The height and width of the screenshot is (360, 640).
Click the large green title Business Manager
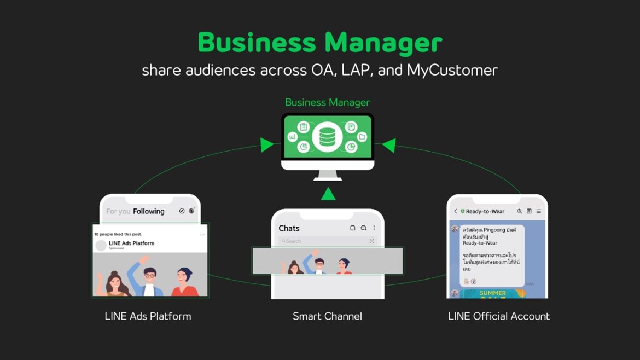tap(320, 43)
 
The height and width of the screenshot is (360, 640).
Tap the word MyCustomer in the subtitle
tap(452, 71)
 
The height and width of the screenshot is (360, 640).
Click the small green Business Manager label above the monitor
tap(327, 102)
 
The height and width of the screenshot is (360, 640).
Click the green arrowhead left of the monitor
tap(267, 145)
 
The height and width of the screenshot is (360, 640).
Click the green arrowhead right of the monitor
tap(388, 145)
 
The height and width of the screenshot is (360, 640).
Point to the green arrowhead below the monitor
tap(328, 194)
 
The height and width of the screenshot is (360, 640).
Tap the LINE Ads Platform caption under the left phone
tap(148, 316)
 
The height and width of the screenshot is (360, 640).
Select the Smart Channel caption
tap(327, 316)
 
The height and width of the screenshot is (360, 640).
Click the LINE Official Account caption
tap(499, 316)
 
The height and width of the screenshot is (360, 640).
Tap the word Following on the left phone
tap(148, 211)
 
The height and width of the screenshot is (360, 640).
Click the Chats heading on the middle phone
tap(289, 228)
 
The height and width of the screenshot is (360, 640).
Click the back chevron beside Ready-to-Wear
tap(456, 211)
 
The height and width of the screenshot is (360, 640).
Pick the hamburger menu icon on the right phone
tap(539, 211)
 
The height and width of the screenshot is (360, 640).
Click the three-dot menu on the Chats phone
tap(374, 228)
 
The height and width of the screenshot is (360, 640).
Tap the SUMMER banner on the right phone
tap(492, 294)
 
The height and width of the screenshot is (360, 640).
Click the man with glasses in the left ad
tap(149, 279)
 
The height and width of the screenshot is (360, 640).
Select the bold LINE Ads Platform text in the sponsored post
tap(131, 243)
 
